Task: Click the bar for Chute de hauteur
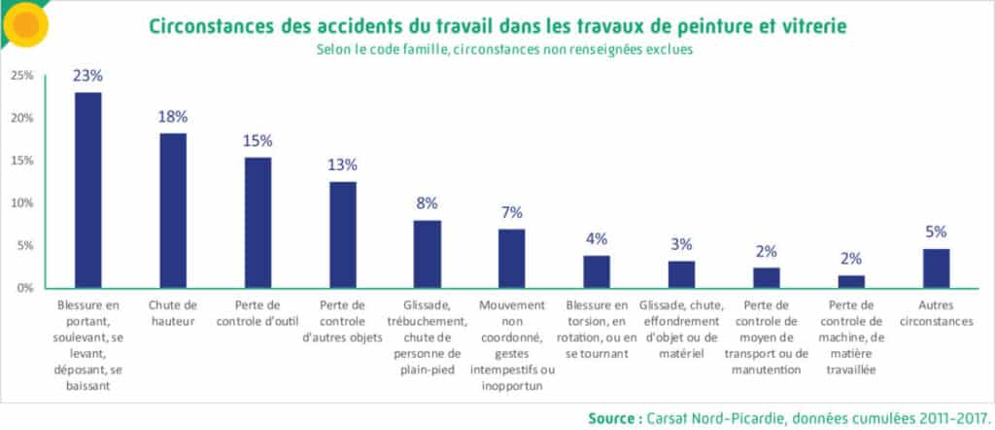tap(173, 210)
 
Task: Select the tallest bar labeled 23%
tap(88, 190)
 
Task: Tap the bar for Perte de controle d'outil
tap(257, 222)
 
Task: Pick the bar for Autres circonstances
tap(936, 268)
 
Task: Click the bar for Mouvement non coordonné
tap(512, 258)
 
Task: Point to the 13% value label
tap(342, 163)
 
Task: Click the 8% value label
tap(427, 203)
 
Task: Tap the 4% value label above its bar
tap(597, 238)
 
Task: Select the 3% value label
tap(681, 243)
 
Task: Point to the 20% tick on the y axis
tap(21, 119)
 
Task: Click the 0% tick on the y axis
tap(23, 288)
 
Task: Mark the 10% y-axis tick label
tap(21, 203)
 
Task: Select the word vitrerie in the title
tap(803, 25)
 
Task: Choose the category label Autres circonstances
tap(936, 313)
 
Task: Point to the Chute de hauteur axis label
tap(173, 313)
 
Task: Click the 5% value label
tap(936, 232)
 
